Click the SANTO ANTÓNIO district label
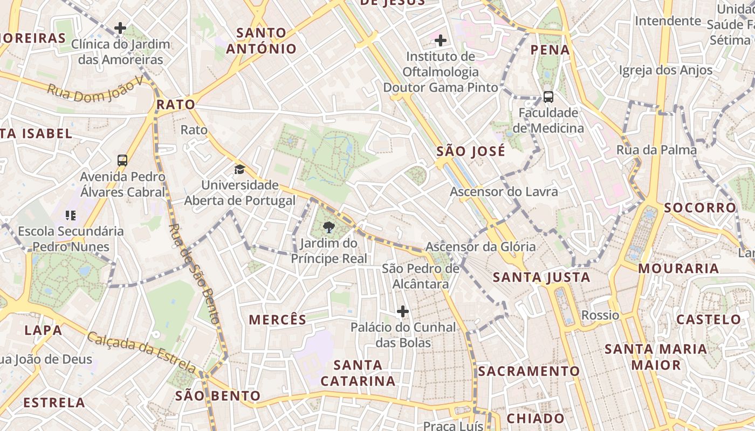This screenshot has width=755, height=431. click(261, 41)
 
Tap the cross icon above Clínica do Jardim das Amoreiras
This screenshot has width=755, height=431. click(120, 27)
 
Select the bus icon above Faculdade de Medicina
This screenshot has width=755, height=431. click(548, 97)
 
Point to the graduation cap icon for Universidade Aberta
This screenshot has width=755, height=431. click(239, 170)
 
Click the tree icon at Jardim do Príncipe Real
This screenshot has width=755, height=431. click(329, 227)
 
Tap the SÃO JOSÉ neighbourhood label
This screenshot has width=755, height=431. click(471, 151)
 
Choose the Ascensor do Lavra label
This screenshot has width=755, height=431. click(504, 191)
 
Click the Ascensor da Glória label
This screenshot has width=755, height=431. click(481, 247)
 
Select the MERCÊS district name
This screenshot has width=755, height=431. click(277, 319)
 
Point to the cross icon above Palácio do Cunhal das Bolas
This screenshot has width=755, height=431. click(402, 311)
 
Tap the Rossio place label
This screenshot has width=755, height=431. click(600, 315)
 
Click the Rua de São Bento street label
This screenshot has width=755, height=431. click(195, 274)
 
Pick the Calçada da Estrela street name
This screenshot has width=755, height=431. click(141, 352)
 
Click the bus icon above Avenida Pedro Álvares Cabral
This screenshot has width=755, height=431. click(122, 160)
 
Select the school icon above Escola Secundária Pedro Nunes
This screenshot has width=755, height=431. click(70, 215)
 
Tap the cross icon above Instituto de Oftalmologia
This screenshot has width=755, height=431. click(441, 40)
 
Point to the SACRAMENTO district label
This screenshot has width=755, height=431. click(528, 371)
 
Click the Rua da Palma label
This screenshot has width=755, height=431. click(656, 150)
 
